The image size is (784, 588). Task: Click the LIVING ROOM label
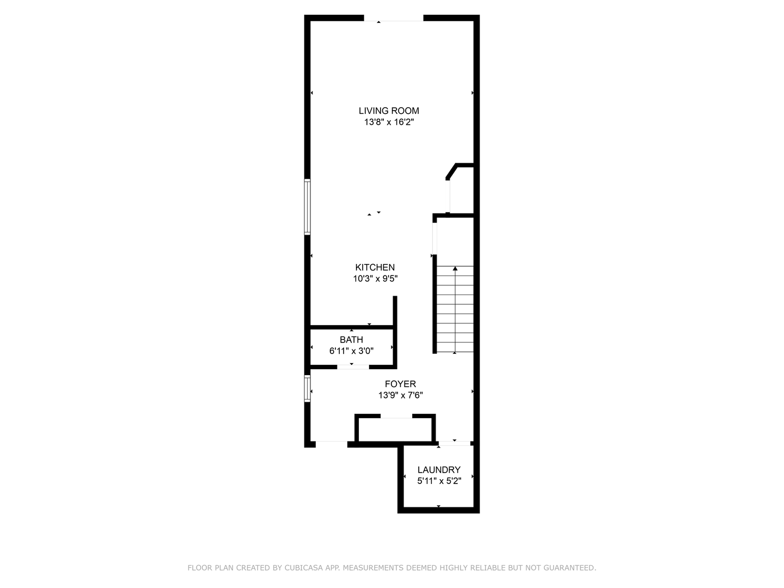click(389, 111)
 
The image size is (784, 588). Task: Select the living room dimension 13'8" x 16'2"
click(389, 122)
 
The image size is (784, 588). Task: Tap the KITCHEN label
click(375, 267)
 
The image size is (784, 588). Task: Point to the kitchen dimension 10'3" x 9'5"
click(375, 279)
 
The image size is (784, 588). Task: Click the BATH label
click(351, 340)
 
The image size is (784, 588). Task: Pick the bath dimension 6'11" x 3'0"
click(351, 351)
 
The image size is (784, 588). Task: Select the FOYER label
click(400, 384)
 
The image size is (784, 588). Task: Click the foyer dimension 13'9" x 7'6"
click(400, 396)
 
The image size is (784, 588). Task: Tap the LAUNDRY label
click(439, 470)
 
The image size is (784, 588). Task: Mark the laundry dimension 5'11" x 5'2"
click(439, 481)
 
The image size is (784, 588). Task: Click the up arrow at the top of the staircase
click(455, 268)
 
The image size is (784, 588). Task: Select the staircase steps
click(455, 310)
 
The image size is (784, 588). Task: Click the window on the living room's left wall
click(307, 207)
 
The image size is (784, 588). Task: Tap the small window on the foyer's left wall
click(307, 389)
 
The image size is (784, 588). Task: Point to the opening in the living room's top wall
click(393, 19)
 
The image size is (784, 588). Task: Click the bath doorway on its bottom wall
click(352, 367)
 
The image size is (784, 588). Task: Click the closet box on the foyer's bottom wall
click(395, 430)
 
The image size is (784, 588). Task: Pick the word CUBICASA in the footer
click(303, 568)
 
